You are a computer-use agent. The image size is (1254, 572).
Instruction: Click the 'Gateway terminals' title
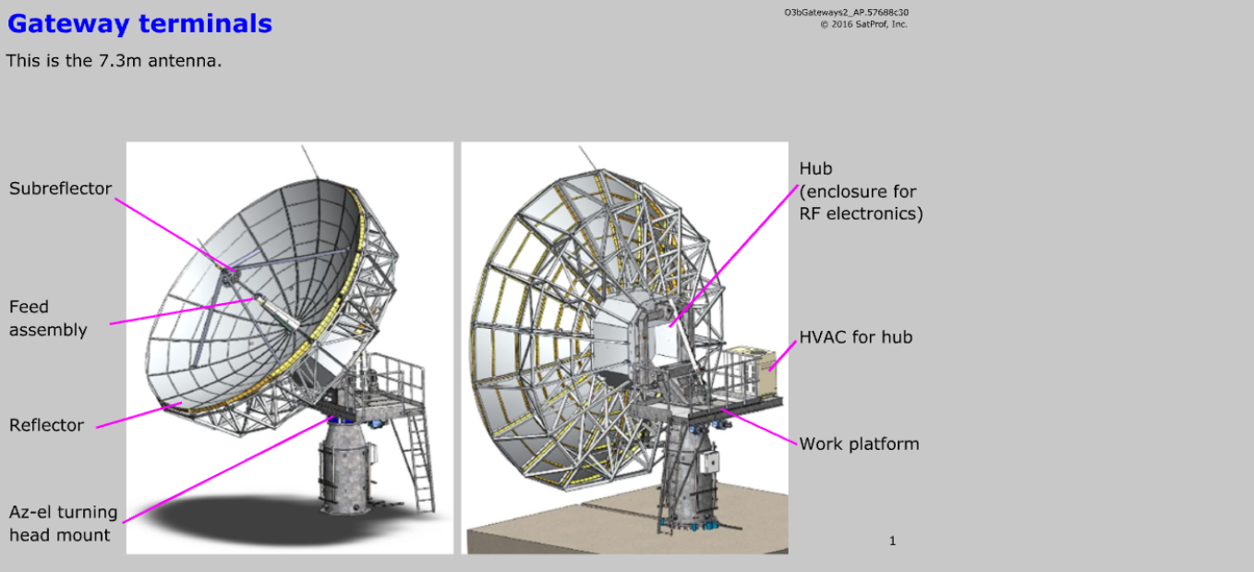pos(139,24)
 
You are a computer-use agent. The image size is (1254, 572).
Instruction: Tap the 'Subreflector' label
pos(60,189)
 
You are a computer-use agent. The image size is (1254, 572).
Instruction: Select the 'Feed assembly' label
pos(48,318)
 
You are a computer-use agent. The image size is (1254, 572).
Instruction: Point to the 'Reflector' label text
pos(46,425)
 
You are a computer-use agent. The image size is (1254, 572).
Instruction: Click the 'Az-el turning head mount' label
pos(63,523)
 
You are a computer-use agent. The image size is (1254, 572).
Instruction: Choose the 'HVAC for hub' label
pos(855,337)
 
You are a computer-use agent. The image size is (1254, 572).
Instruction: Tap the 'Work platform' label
pos(859,444)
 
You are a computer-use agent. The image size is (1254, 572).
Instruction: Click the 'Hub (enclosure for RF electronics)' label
pos(860,191)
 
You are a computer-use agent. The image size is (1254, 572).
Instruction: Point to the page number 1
pos(892,542)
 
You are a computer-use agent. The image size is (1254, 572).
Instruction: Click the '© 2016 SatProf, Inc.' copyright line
pos(863,25)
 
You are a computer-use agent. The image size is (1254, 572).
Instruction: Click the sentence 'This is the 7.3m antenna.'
pos(114,61)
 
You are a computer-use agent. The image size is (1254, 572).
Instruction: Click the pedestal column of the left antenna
pos(346,472)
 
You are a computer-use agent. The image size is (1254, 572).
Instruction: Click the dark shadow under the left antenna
pos(231,522)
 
